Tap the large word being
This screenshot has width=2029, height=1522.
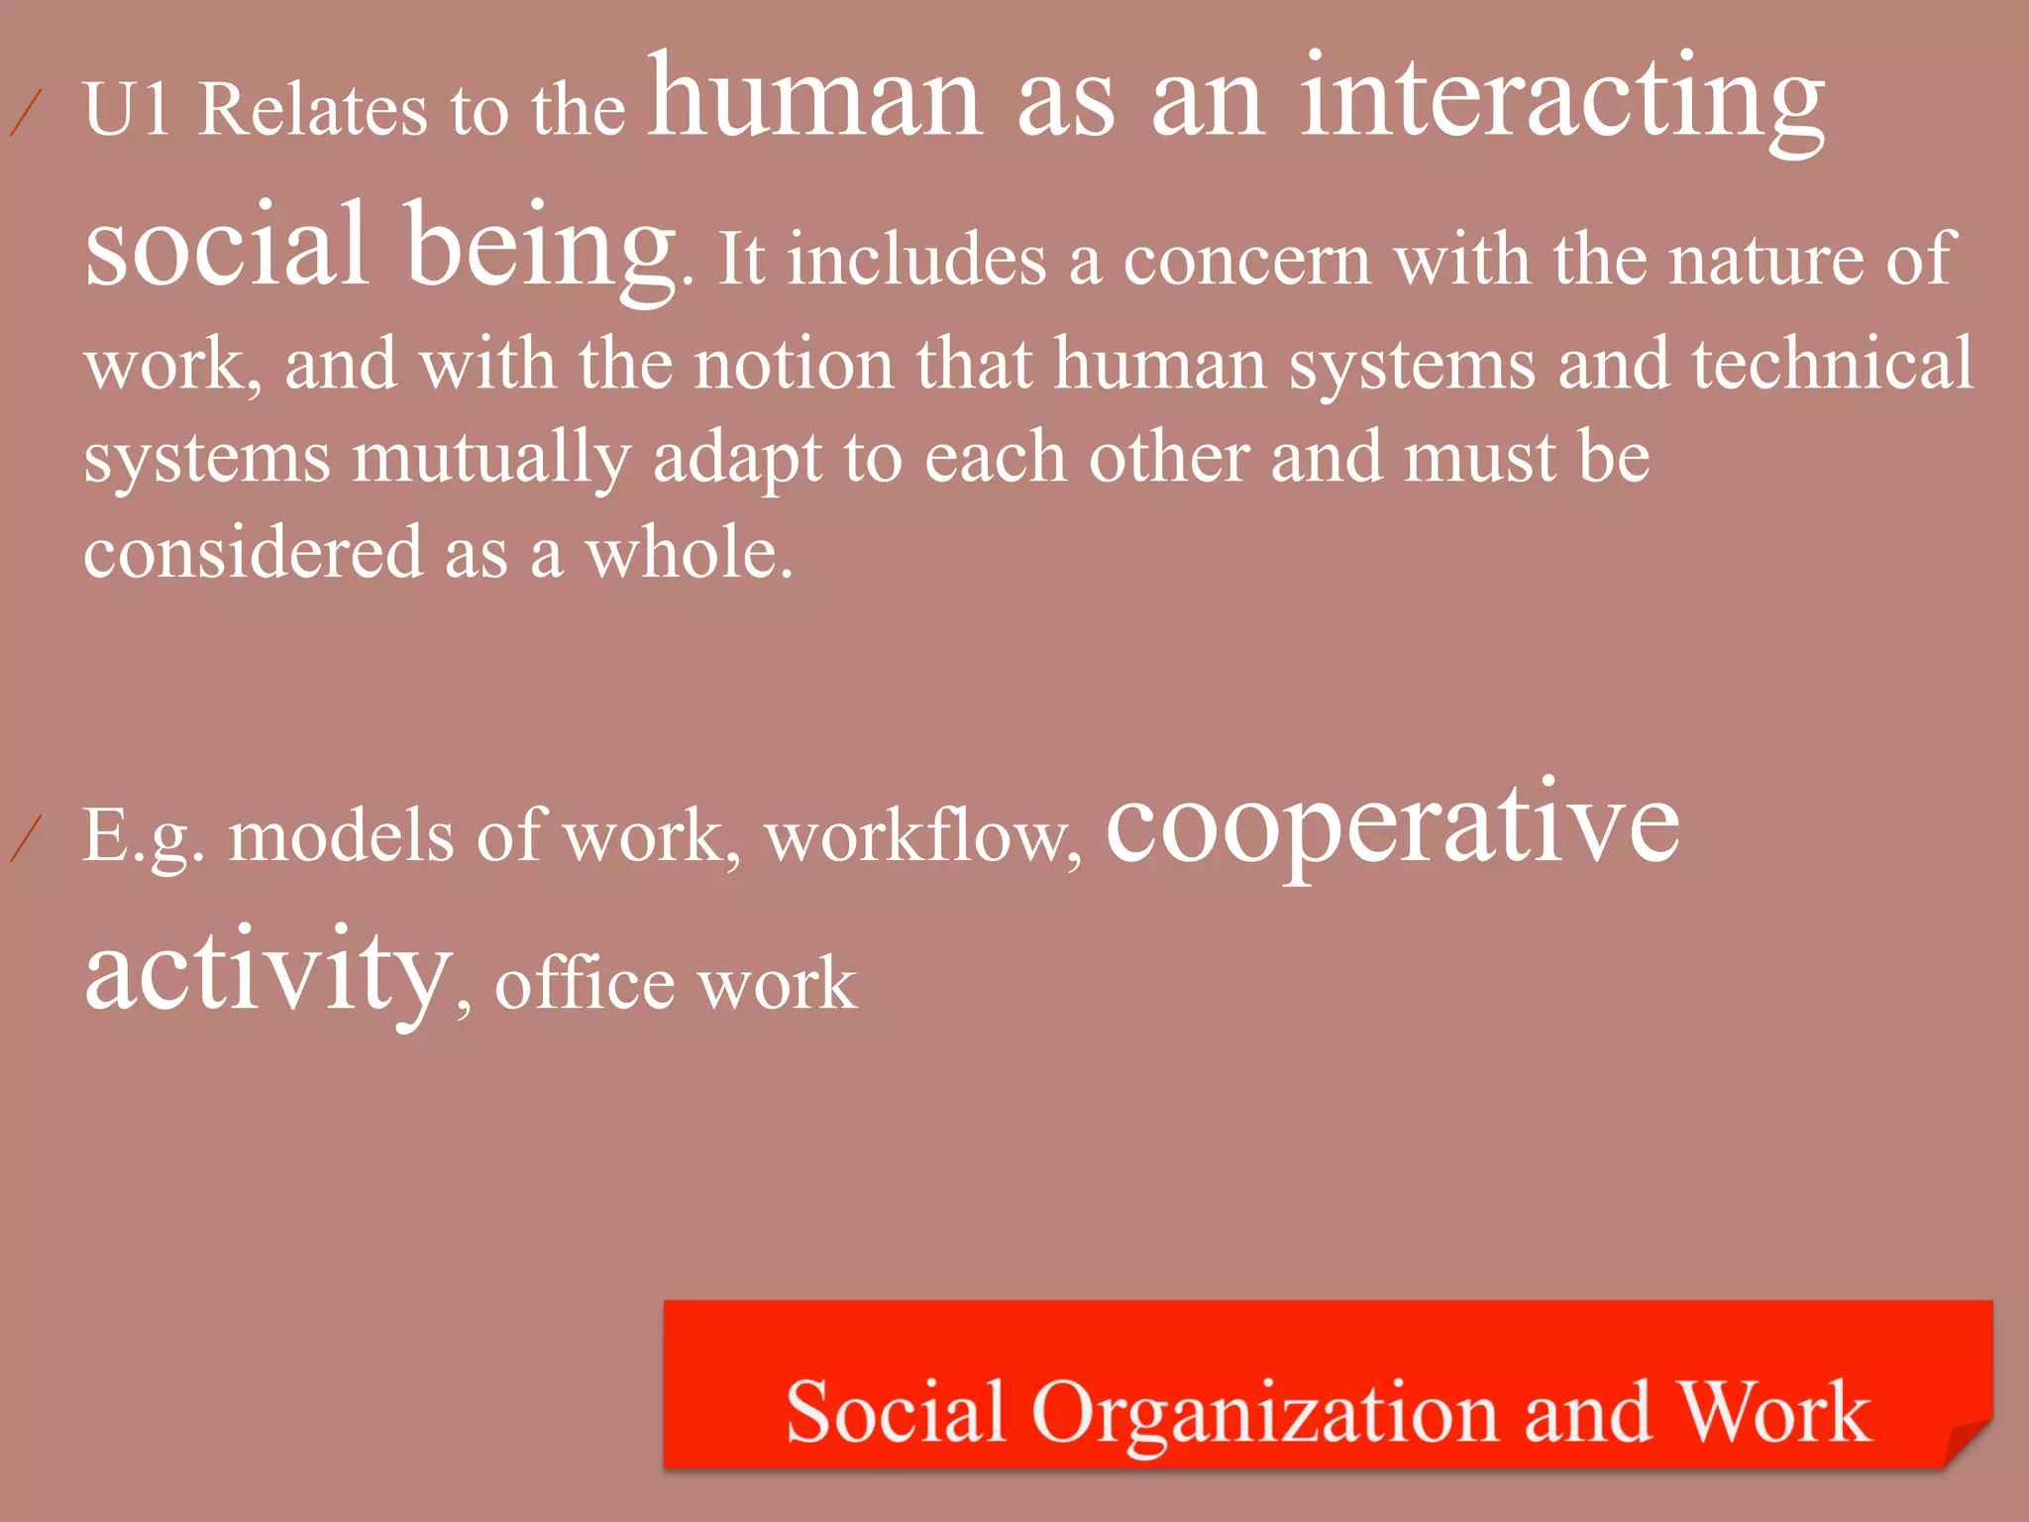[x=540, y=248]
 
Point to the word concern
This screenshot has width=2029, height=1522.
[x=1246, y=260]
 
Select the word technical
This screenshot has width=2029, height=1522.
[x=1832, y=363]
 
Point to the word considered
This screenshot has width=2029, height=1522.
[x=253, y=552]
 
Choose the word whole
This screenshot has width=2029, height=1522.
[x=689, y=552]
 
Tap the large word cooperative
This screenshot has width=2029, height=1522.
[x=1392, y=827]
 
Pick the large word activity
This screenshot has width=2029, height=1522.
[x=267, y=971]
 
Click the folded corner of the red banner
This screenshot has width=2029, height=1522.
[x=1967, y=1442]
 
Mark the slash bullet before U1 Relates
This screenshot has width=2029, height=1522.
[x=26, y=112]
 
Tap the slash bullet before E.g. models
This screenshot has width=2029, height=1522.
[x=26, y=838]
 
